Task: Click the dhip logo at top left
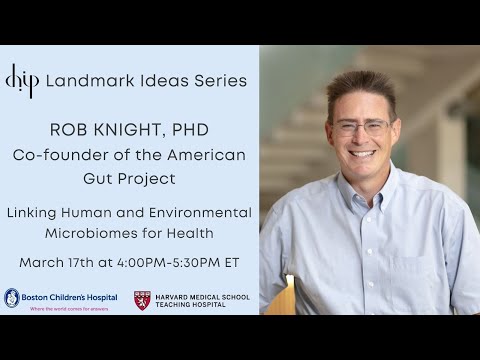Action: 20,80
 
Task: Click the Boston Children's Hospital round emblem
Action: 12,298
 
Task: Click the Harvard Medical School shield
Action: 142,300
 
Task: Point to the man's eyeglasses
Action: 362,127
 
